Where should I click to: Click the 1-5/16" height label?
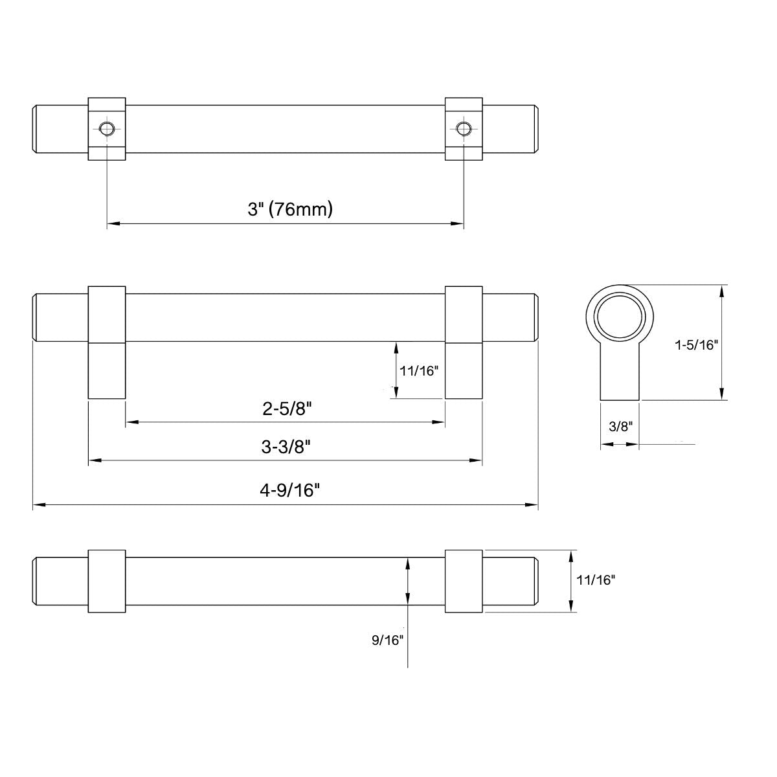click(697, 345)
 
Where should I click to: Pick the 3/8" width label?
click(620, 426)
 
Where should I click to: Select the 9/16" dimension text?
click(388, 640)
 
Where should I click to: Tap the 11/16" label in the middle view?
click(419, 371)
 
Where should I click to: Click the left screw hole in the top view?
click(106, 128)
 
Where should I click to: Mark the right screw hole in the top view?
click(462, 128)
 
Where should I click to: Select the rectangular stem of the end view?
click(620, 376)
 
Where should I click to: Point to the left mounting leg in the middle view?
click(106, 369)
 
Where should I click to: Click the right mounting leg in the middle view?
click(464, 369)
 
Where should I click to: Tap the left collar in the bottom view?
click(106, 581)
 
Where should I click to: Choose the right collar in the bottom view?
click(464, 581)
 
